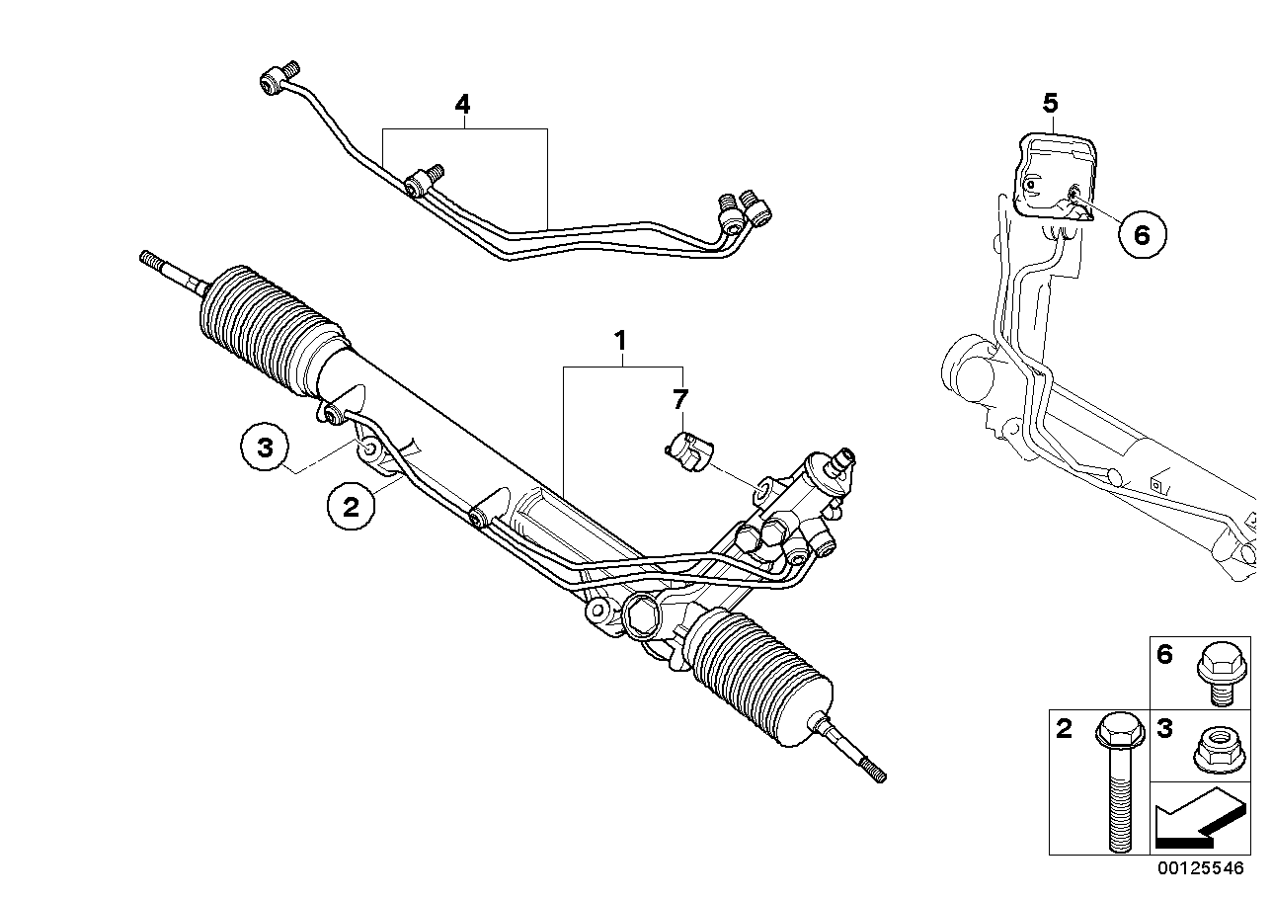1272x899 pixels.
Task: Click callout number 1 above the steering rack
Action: pos(620,342)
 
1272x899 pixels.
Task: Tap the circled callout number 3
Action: pos(265,448)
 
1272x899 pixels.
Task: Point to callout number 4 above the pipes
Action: pos(462,104)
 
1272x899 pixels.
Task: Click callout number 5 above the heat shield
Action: pos(1050,102)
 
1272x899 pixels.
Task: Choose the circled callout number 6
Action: pos(1142,234)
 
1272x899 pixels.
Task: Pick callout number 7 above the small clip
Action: pos(679,399)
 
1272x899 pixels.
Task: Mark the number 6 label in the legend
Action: pos(1165,655)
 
